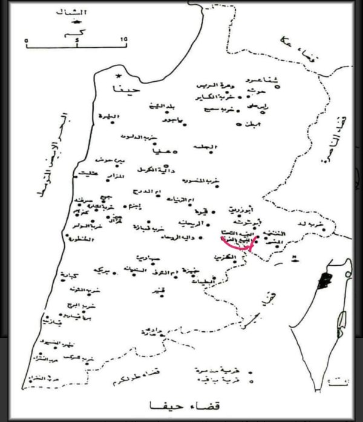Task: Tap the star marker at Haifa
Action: [x=119, y=76]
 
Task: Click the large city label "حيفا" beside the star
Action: [x=125, y=89]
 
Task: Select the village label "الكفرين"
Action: [x=226, y=258]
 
